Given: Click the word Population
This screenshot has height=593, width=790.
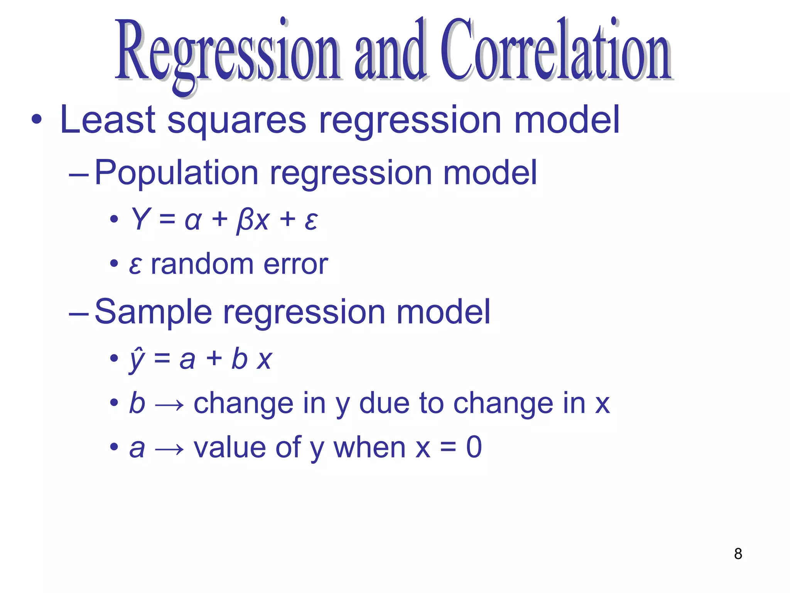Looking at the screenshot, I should click(x=176, y=173).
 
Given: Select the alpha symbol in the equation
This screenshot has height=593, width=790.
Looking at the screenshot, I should click(x=193, y=221).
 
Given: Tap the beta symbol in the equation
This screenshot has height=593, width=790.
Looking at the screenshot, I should click(x=244, y=221).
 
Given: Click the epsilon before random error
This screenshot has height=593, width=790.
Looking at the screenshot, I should click(x=135, y=266).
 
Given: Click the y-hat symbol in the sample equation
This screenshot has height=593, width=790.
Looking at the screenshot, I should click(x=137, y=360).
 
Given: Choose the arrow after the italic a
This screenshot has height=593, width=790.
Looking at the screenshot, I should click(x=169, y=449).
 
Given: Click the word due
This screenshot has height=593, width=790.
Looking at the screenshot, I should click(x=384, y=403).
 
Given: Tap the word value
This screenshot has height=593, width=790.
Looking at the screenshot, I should click(x=229, y=448).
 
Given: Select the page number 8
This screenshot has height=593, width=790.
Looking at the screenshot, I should click(x=738, y=554).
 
